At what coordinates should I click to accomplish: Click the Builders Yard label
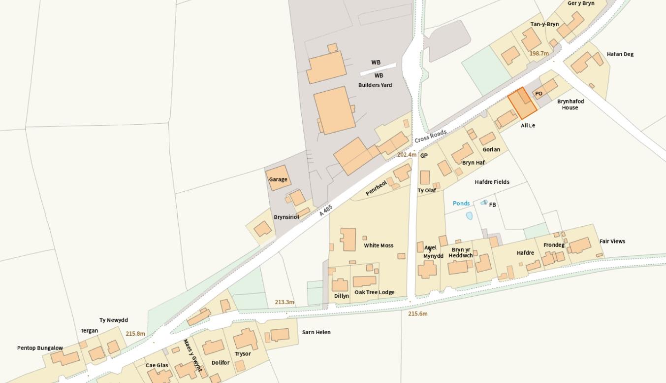tap(375, 85)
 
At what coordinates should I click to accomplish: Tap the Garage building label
tap(278, 179)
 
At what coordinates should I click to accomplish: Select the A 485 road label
tap(326, 210)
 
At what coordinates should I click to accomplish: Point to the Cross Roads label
tap(431, 136)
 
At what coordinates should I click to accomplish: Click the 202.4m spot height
tap(407, 155)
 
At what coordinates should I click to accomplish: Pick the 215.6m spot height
tap(418, 313)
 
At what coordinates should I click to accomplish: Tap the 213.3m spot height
tap(285, 302)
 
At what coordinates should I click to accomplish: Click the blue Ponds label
tap(461, 203)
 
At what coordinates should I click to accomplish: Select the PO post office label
tap(539, 94)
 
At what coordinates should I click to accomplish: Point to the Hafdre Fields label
tap(492, 182)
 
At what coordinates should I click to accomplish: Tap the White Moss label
tap(379, 245)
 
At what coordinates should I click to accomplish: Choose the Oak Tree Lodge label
tap(374, 292)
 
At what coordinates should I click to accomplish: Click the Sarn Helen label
tap(316, 332)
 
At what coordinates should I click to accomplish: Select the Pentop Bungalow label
tap(40, 348)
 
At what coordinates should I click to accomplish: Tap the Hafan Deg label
tap(620, 54)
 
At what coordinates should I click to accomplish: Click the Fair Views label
tap(612, 242)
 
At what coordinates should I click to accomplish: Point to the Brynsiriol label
tap(286, 217)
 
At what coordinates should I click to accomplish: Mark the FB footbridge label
tap(492, 205)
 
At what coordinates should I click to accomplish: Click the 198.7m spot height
tap(539, 53)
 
